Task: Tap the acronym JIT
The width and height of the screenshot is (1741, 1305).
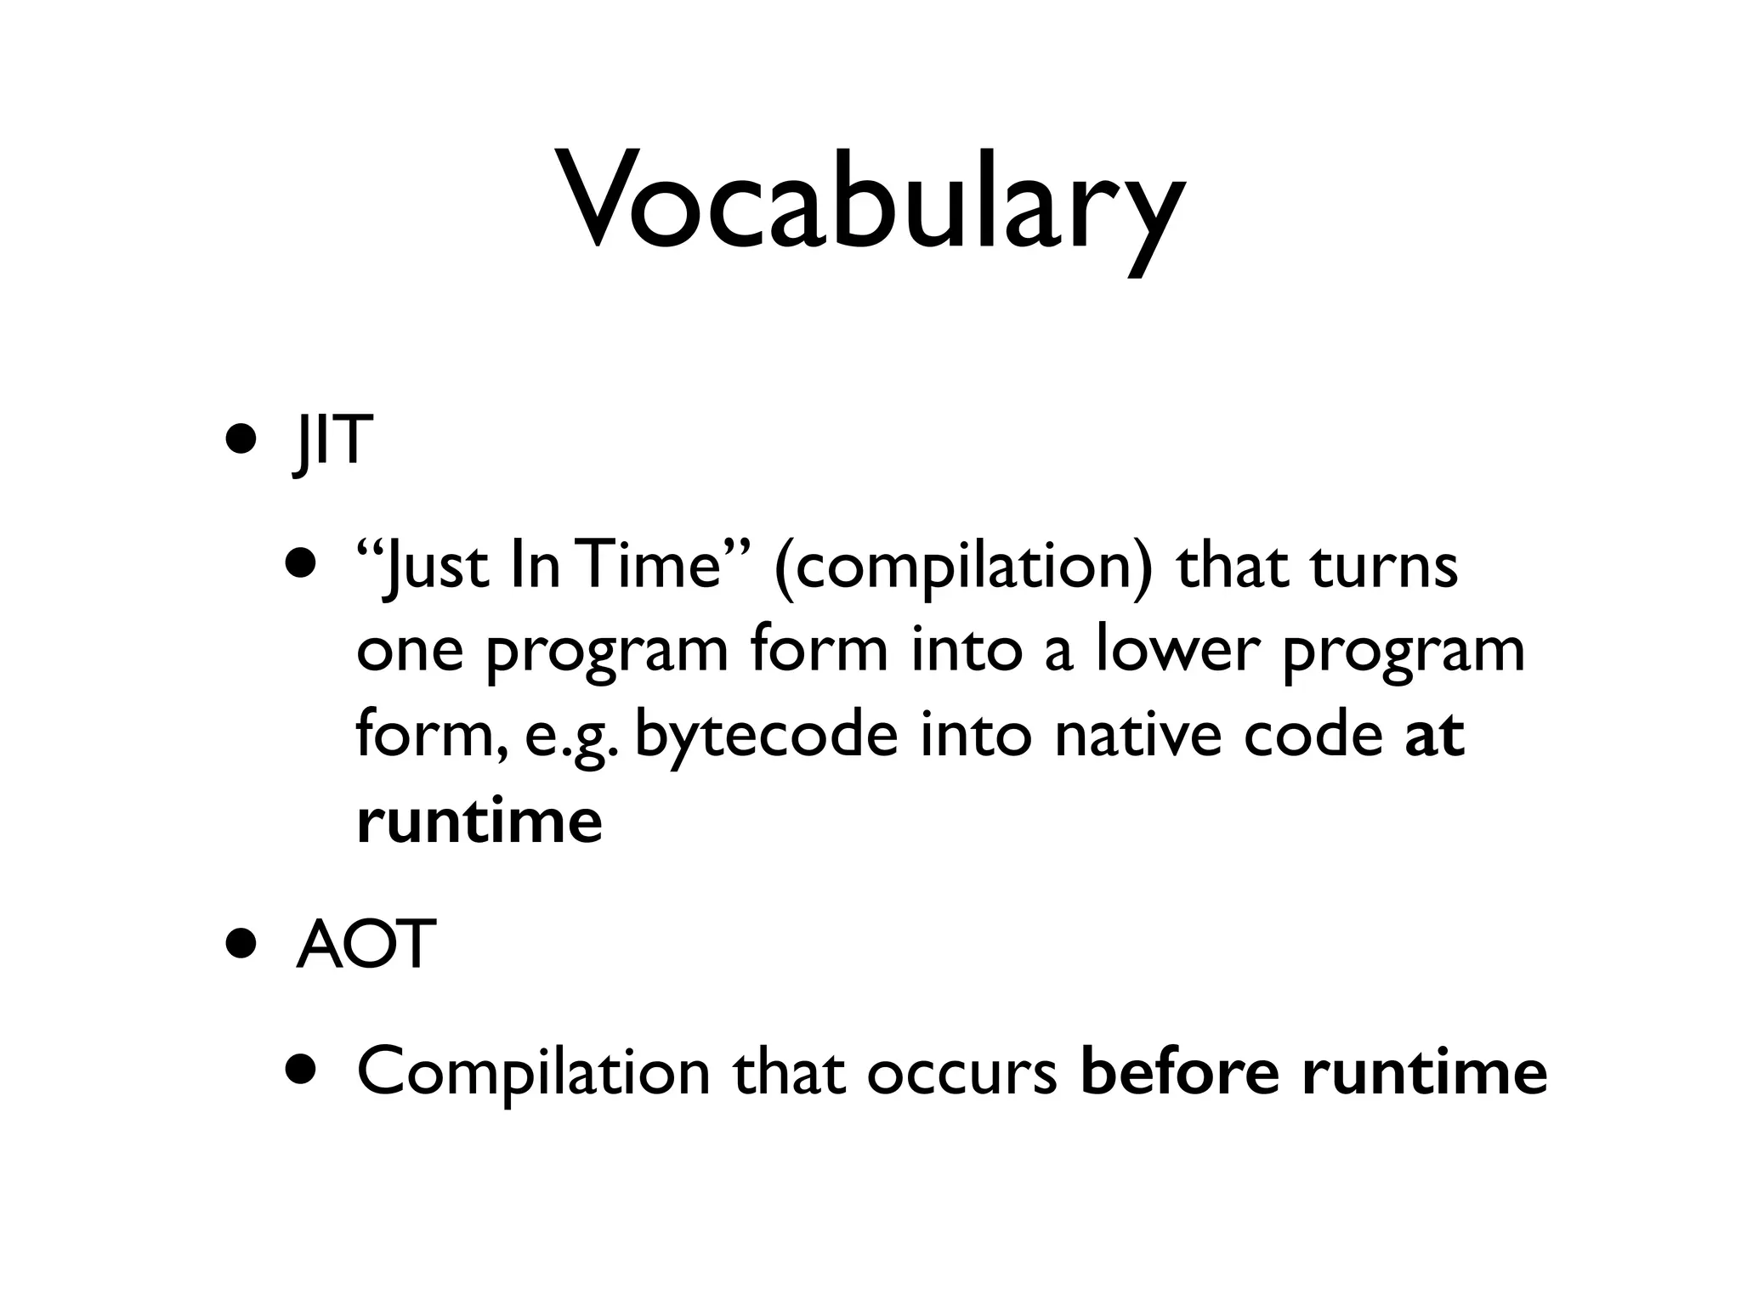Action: pyautogui.click(x=332, y=442)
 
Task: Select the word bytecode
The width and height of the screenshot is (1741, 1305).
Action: pyautogui.click(x=765, y=736)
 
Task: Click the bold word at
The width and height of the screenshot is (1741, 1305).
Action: pyautogui.click(x=1434, y=736)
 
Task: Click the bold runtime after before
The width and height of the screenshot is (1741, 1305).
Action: pyautogui.click(x=1424, y=1072)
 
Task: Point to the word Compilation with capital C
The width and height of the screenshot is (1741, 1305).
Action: pyautogui.click(x=533, y=1072)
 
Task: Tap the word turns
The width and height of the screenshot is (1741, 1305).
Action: pyautogui.click(x=1385, y=567)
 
